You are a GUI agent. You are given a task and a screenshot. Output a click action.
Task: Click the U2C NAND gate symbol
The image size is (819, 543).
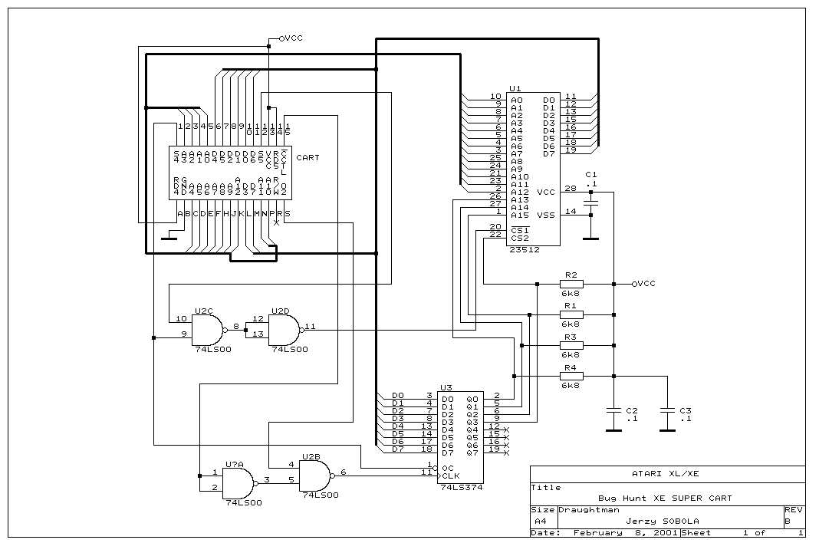[x=206, y=331]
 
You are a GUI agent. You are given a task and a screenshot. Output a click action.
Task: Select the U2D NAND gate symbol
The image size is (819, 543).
[x=285, y=331]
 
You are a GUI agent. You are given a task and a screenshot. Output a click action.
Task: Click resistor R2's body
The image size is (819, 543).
[x=571, y=284]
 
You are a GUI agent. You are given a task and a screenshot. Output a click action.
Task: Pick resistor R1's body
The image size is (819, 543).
[x=571, y=314]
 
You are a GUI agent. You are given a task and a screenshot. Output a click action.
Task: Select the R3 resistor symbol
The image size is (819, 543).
[x=571, y=345]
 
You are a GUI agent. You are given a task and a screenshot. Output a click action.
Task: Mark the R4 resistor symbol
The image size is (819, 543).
[x=571, y=376]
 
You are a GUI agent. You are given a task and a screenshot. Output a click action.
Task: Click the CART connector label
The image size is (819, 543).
[x=308, y=158]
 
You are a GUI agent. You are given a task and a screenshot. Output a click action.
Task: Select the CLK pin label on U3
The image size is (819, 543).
[x=451, y=476]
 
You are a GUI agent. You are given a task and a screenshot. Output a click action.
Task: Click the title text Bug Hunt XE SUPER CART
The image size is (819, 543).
[x=666, y=498]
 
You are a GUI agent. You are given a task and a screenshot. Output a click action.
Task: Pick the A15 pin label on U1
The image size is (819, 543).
[x=519, y=215]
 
